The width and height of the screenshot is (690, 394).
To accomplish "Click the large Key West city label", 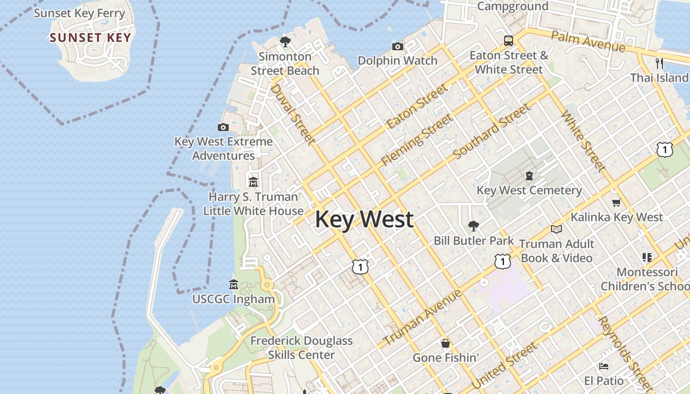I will pyautogui.click(x=364, y=219).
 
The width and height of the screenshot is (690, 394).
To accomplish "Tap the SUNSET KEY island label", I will pyautogui.click(x=90, y=38).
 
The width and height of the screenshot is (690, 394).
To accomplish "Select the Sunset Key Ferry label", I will pyautogui.click(x=79, y=13).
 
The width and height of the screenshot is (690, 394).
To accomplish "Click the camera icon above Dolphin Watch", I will pyautogui.click(x=397, y=47).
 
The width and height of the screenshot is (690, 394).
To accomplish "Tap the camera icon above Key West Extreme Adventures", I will pyautogui.click(x=223, y=128).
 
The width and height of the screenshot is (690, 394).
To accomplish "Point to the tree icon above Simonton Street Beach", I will pyautogui.click(x=285, y=42).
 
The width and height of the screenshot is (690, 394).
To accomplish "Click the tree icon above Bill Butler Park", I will pyautogui.click(x=473, y=226).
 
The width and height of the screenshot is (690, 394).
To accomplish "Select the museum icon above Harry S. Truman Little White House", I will pyautogui.click(x=253, y=182).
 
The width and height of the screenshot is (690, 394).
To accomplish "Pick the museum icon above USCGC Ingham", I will pyautogui.click(x=234, y=285).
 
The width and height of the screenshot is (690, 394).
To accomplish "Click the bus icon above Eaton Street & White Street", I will pyautogui.click(x=508, y=41).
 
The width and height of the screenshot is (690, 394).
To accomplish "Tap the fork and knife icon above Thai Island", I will pyautogui.click(x=659, y=63).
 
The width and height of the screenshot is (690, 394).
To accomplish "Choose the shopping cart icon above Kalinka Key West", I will pyautogui.click(x=616, y=202).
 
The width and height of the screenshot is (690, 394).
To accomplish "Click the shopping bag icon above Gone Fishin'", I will pyautogui.click(x=446, y=343).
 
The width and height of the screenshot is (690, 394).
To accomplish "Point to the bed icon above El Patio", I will pyautogui.click(x=603, y=366).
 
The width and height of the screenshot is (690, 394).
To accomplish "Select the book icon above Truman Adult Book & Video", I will pyautogui.click(x=556, y=229).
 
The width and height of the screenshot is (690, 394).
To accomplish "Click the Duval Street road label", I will pyautogui.click(x=293, y=114).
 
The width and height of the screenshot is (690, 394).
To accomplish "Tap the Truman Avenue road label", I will pyautogui.click(x=422, y=318).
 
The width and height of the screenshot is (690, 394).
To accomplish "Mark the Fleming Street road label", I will pyautogui.click(x=416, y=140).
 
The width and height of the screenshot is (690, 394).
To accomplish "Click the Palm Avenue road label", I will pyautogui.click(x=588, y=41).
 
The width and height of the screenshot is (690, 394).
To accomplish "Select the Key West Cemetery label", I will pyautogui.click(x=529, y=190).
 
